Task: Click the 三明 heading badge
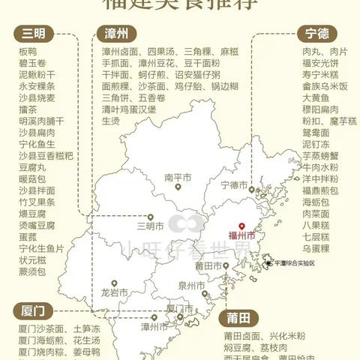(32, 34)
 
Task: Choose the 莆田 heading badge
(241, 316)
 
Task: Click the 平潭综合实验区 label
(300, 263)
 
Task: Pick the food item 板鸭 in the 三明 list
(27, 51)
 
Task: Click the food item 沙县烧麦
(36, 98)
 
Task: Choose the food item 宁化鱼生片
(40, 247)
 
